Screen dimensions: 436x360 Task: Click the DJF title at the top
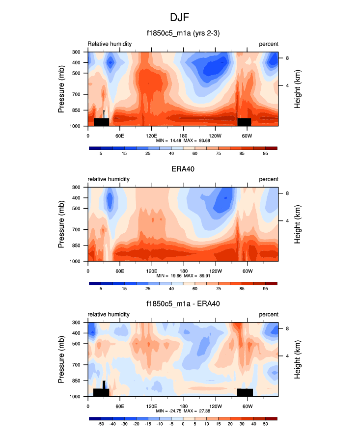[x=180, y=18]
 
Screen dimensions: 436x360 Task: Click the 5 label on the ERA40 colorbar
[x=101, y=289]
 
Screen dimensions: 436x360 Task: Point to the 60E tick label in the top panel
[x=119, y=135]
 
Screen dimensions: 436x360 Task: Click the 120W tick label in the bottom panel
[x=215, y=406]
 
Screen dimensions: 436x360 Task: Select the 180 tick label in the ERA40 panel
[x=183, y=271]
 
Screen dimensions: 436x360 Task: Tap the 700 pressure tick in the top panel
[x=76, y=94]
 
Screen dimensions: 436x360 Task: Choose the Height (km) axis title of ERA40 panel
[x=298, y=224]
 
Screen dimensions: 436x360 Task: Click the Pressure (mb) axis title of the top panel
[x=62, y=89]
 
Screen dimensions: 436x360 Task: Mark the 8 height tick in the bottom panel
[x=286, y=328]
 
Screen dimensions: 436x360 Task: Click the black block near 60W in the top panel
[x=244, y=122]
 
